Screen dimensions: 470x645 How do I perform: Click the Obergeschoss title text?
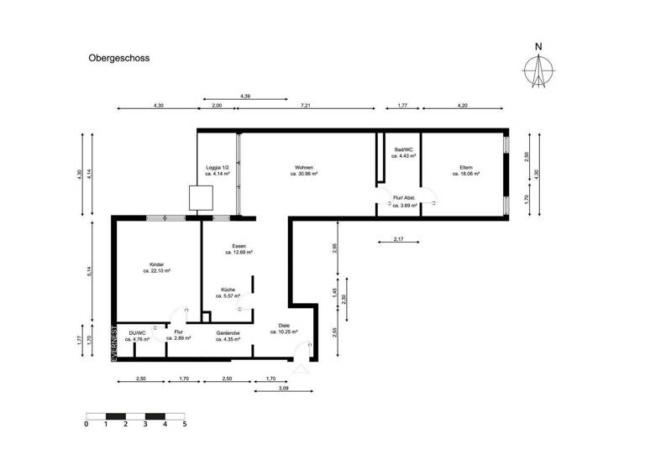tap(119, 60)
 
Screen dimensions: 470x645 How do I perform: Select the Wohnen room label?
tap(304, 170)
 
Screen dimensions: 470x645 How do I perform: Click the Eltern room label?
tap(466, 170)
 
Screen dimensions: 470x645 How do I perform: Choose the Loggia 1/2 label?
tap(217, 170)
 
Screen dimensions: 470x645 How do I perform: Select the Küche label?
tap(228, 293)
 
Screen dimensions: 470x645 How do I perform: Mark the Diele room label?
tap(284, 329)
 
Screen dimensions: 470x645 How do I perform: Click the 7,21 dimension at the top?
tap(306, 107)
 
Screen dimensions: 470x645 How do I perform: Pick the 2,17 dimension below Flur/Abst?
tap(398, 241)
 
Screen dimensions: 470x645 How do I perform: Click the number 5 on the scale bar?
tap(184, 425)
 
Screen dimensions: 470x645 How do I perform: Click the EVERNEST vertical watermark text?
tap(113, 342)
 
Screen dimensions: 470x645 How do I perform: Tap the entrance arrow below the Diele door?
tap(300, 367)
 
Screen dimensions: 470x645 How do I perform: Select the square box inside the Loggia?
tap(202, 198)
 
